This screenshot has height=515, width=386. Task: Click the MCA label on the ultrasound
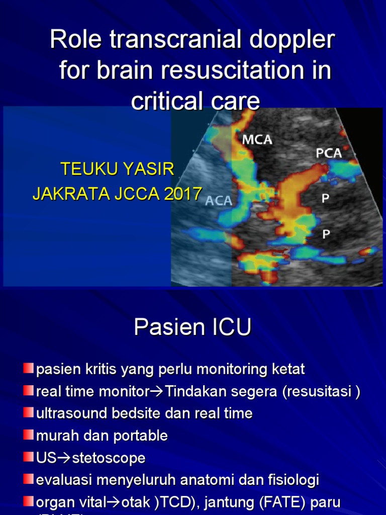pyautogui.click(x=257, y=139)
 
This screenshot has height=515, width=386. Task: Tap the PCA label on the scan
pyautogui.click(x=329, y=153)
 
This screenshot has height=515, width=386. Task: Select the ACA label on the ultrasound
pyautogui.click(x=219, y=201)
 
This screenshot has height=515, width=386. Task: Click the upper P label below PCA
pyautogui.click(x=326, y=199)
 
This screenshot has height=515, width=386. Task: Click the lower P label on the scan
pyautogui.click(x=326, y=233)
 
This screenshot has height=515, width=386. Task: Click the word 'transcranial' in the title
pyautogui.click(x=169, y=40)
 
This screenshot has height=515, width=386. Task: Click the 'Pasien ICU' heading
pyautogui.click(x=192, y=328)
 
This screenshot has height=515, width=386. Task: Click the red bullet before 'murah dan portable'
pyautogui.click(x=29, y=435)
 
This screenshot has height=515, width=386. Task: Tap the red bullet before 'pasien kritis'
pyautogui.click(x=29, y=369)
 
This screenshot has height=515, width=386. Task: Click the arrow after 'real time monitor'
pyautogui.click(x=158, y=392)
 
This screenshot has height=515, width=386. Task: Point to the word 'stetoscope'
pyautogui.click(x=109, y=458)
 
